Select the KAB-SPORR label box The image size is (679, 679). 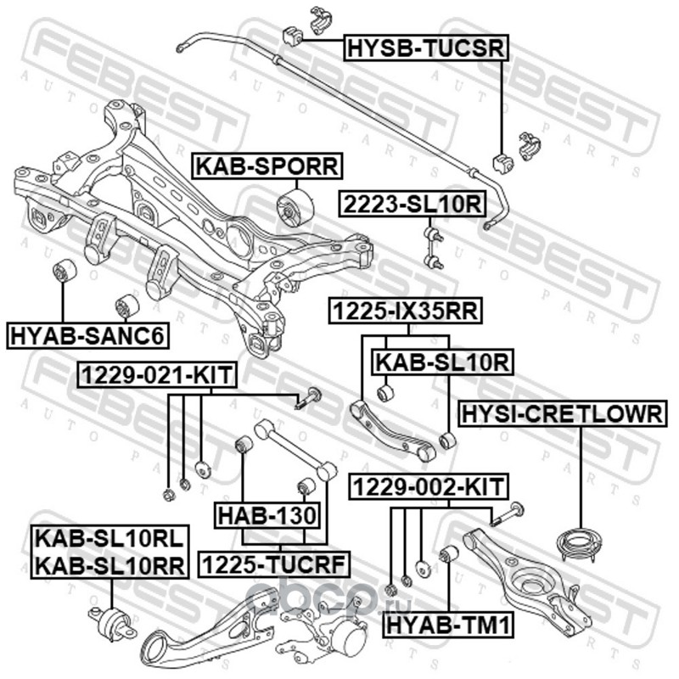266,166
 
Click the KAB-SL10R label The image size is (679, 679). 442,362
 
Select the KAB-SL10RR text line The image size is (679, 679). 109,566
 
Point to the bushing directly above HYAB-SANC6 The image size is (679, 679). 65,273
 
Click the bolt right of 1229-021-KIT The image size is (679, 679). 310,398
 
